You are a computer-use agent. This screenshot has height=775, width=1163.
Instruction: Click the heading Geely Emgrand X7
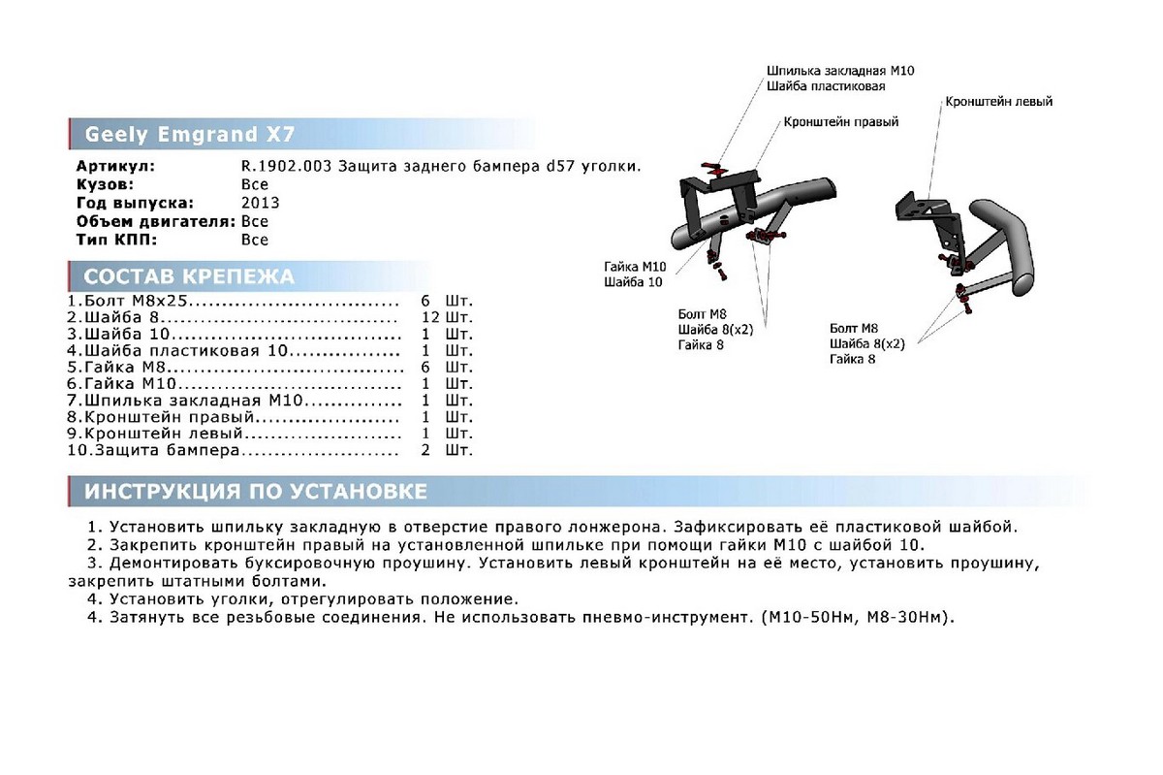(x=190, y=134)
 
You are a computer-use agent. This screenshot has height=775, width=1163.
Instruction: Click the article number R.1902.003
(x=286, y=166)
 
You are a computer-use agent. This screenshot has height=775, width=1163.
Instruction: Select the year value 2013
(x=260, y=203)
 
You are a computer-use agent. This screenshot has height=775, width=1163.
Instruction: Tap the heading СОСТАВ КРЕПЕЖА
(x=189, y=276)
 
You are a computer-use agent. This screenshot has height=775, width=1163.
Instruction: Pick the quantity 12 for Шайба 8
(x=430, y=317)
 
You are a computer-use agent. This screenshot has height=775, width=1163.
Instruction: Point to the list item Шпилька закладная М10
(x=185, y=401)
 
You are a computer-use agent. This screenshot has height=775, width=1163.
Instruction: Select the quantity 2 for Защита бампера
(x=425, y=450)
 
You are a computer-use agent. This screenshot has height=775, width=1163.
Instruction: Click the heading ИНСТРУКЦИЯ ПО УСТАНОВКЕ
(x=256, y=491)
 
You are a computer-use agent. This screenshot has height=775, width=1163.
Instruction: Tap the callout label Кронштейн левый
(x=998, y=101)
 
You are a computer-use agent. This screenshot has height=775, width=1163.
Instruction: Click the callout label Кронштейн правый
(x=840, y=121)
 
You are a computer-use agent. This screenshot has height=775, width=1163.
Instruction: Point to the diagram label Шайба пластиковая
(x=826, y=86)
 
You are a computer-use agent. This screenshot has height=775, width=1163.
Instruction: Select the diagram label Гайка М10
(x=635, y=267)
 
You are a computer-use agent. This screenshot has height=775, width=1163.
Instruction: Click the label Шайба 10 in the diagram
(x=633, y=282)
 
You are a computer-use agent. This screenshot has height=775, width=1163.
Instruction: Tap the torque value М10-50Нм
(x=813, y=618)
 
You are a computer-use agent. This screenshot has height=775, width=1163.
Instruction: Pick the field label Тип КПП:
(x=116, y=240)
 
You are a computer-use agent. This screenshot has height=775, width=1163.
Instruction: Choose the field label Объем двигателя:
(x=156, y=221)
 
